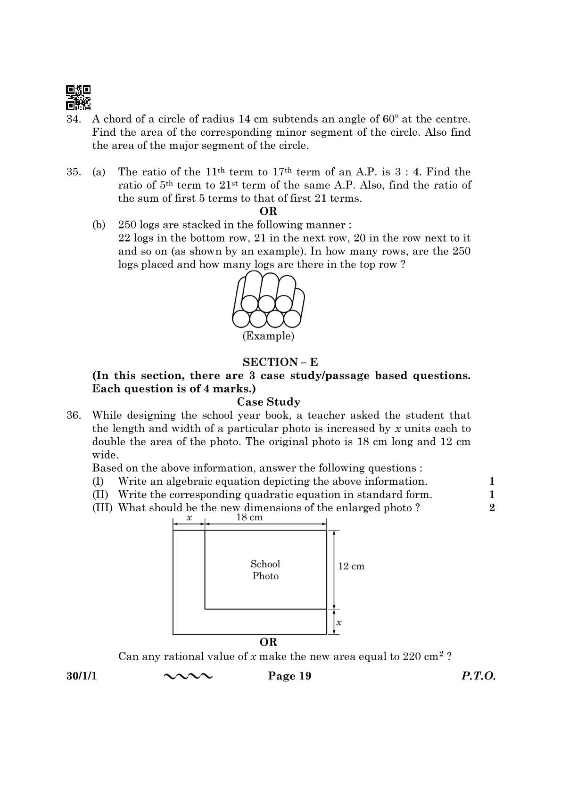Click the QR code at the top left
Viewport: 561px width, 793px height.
78,97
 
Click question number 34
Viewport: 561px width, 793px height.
74,119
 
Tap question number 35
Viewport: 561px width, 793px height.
74,172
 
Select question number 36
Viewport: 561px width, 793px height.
74,416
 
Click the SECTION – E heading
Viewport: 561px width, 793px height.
280,362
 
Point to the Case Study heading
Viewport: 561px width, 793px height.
268,402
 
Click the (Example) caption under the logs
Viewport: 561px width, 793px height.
268,336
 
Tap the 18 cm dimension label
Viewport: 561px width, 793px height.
249,517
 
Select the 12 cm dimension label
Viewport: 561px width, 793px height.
351,566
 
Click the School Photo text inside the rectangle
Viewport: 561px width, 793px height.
265,570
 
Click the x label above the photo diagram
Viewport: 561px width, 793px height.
189,517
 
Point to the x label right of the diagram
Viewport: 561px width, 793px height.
339,622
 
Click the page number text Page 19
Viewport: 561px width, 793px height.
289,676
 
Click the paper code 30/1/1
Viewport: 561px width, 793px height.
82,676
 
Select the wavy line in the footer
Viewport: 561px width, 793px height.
188,677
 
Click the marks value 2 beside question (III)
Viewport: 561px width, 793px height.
492,508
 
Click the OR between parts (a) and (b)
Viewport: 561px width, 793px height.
268,211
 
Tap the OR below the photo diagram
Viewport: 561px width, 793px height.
268,642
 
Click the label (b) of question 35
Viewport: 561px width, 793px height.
99,225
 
